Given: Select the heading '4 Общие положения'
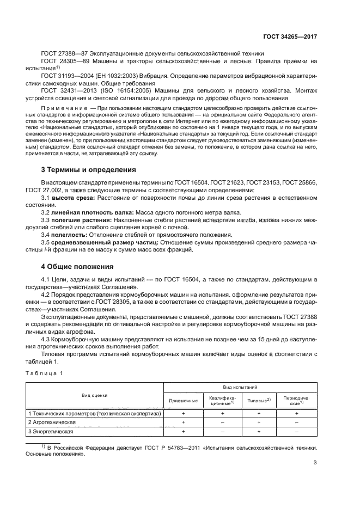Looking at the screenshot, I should pyautogui.click(x=77, y=267).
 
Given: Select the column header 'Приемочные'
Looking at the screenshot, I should pyautogui.click(x=182, y=400).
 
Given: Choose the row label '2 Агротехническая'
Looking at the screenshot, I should pyautogui.click(x=52, y=422).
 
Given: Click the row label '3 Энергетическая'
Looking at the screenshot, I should pyautogui.click(x=51, y=431).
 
